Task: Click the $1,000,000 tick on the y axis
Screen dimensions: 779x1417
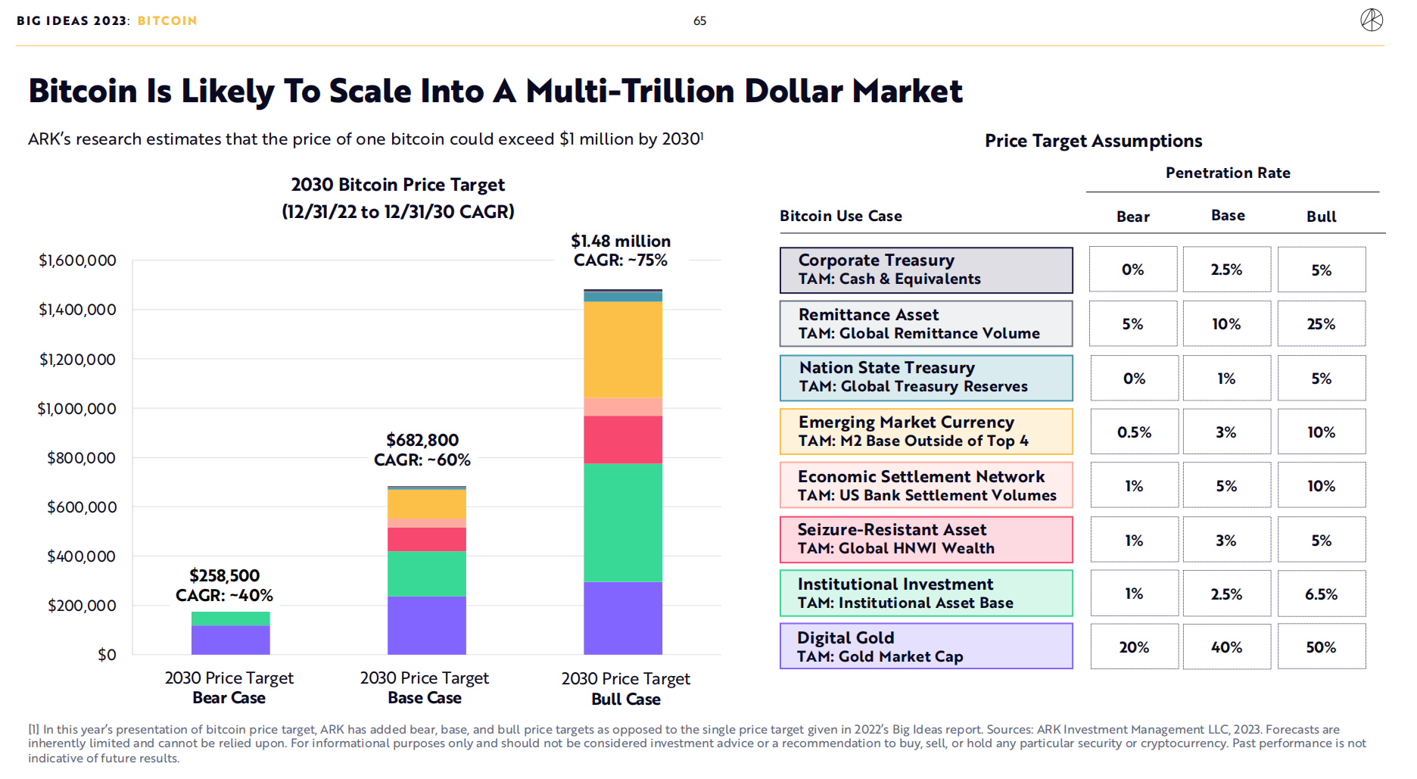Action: (x=77, y=409)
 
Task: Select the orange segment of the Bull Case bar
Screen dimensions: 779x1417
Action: (x=622, y=350)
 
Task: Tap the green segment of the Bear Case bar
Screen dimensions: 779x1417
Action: (x=230, y=619)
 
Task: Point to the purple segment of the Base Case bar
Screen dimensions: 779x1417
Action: (x=426, y=625)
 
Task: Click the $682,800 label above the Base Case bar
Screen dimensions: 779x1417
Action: (x=422, y=441)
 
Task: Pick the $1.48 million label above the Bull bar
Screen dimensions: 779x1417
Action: (x=621, y=241)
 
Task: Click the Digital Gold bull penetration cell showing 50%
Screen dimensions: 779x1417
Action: (x=1321, y=647)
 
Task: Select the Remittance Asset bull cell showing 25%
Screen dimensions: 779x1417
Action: (x=1321, y=324)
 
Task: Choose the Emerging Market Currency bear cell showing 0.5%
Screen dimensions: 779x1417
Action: (x=1134, y=432)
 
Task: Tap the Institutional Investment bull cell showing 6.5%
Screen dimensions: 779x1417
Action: (x=1321, y=594)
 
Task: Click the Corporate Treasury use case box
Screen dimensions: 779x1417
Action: (x=926, y=270)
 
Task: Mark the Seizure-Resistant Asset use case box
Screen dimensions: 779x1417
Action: (x=926, y=540)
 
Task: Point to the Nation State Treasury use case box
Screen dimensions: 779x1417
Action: (x=926, y=378)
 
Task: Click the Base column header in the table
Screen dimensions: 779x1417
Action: (x=1228, y=216)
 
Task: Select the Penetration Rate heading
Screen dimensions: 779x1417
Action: (x=1228, y=173)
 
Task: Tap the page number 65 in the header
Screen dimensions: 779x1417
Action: (x=699, y=21)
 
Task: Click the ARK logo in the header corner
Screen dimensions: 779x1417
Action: (x=1371, y=20)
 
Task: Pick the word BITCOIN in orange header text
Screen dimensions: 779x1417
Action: (x=167, y=21)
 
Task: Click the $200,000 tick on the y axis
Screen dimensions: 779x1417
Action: (x=82, y=606)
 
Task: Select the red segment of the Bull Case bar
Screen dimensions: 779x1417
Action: (x=622, y=440)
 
